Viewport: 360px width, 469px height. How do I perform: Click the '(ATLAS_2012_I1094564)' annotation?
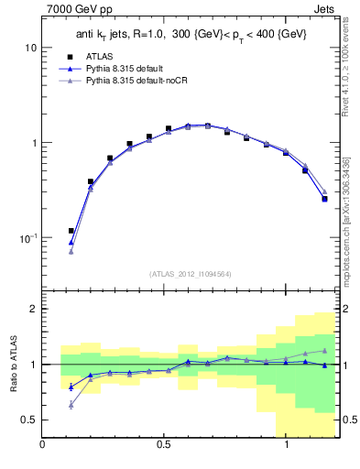(x=191, y=273)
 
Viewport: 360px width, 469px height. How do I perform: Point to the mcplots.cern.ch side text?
(x=351, y=229)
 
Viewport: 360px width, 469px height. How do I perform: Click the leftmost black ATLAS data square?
(x=71, y=231)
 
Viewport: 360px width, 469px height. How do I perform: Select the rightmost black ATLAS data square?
(x=324, y=198)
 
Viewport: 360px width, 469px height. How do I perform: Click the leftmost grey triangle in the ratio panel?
(x=71, y=404)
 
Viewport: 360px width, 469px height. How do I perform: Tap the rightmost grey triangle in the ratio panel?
(x=324, y=350)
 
